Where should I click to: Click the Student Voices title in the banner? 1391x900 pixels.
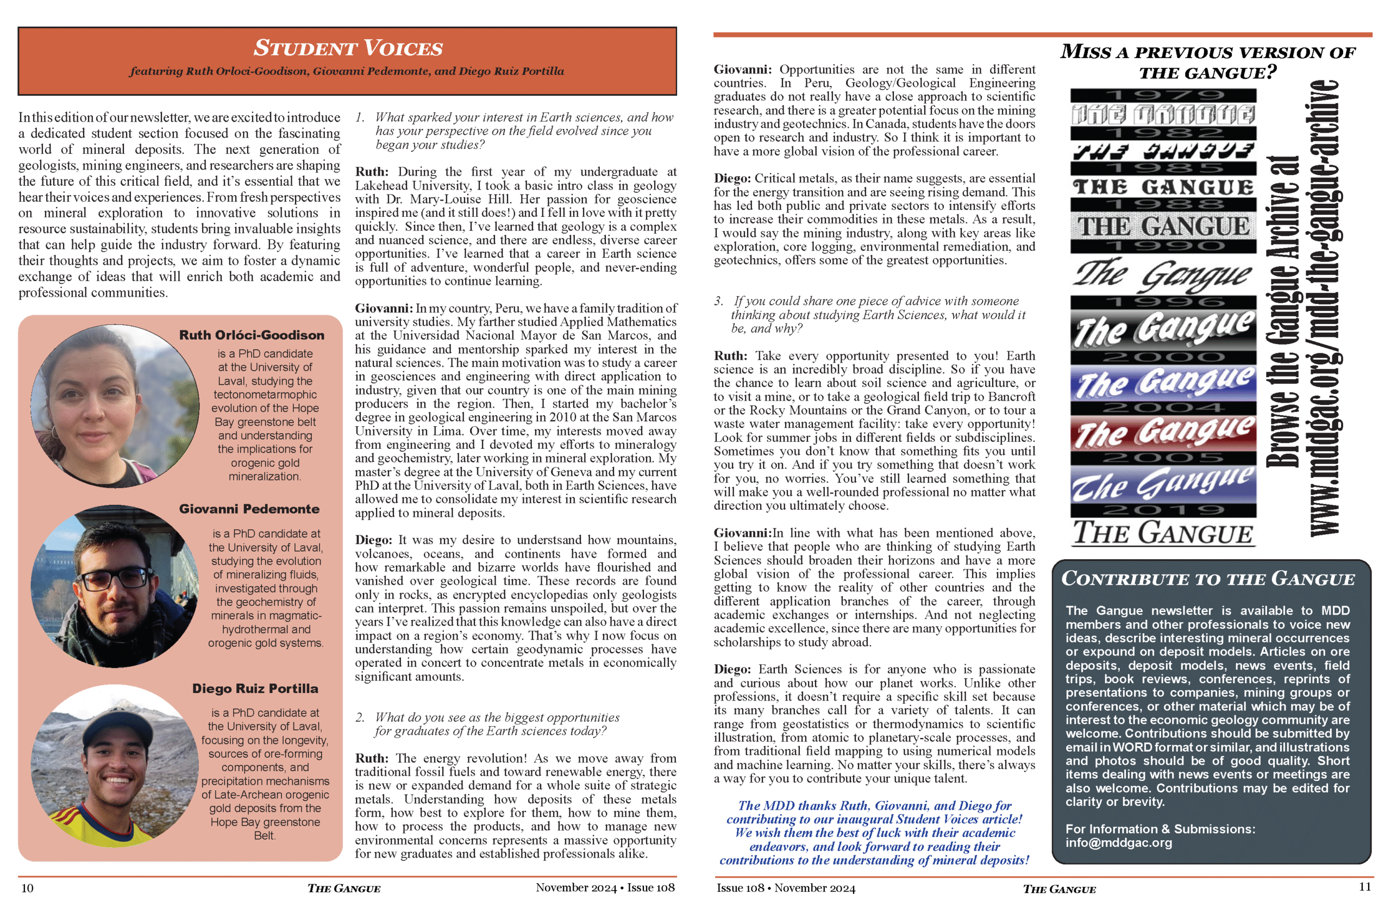[348, 48]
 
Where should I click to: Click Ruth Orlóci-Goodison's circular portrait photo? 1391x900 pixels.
[115, 405]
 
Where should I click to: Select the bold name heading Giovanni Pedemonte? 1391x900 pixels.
[249, 509]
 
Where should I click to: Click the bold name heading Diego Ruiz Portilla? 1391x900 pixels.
[255, 689]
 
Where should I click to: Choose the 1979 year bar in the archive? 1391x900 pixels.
[1163, 95]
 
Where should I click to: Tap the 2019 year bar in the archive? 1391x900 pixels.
[1163, 510]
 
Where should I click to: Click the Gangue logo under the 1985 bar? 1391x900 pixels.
[1163, 187]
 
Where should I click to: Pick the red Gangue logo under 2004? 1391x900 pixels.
[1163, 433]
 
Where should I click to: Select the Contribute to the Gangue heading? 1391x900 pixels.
[1207, 579]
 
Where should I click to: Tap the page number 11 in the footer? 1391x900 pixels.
[1364, 886]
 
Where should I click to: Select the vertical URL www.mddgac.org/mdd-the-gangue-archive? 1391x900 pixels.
[1324, 309]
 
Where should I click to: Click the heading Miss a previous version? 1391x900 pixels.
[1207, 62]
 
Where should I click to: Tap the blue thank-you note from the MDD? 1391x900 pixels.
[874, 833]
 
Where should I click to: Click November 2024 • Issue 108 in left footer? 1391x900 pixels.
[605, 887]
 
